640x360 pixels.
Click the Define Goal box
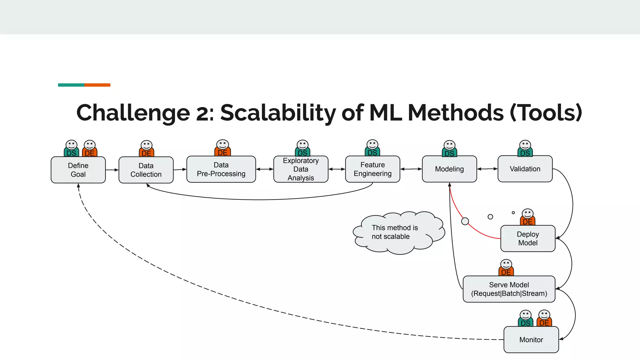click(x=78, y=170)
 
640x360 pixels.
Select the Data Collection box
click(x=146, y=170)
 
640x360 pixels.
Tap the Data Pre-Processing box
click(x=221, y=169)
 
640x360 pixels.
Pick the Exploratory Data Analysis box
click(x=301, y=169)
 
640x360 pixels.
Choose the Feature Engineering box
click(x=372, y=169)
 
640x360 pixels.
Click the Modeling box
click(x=449, y=169)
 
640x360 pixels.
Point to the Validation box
click(x=525, y=169)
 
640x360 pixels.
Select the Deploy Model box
click(x=528, y=238)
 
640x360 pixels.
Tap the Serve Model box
click(x=509, y=289)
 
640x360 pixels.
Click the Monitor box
click(x=531, y=340)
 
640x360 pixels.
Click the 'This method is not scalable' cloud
click(x=397, y=232)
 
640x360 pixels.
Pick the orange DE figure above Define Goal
click(x=90, y=149)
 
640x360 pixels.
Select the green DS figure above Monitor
click(x=525, y=319)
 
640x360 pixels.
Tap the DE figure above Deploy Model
click(x=527, y=217)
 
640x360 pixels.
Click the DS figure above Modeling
click(x=449, y=149)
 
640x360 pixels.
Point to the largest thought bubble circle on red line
click(x=465, y=221)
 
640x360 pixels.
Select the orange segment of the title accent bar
click(x=97, y=85)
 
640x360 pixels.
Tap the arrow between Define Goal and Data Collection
click(x=112, y=170)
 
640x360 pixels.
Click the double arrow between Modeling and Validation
click(x=487, y=169)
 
